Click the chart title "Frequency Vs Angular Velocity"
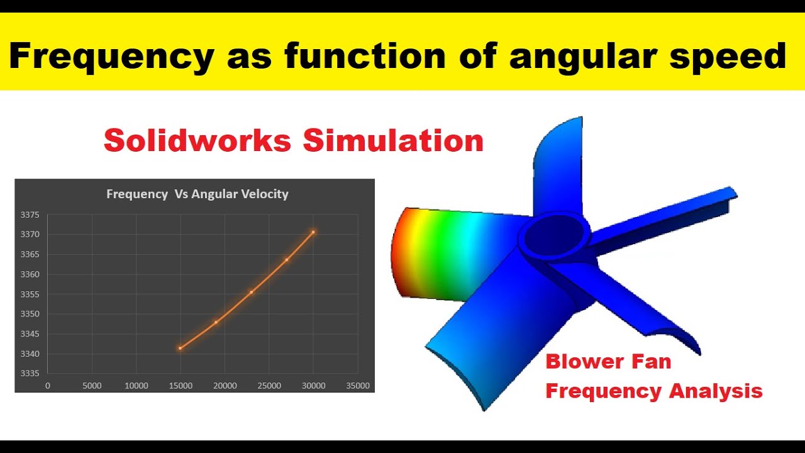pos(197,194)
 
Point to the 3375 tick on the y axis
pos(30,215)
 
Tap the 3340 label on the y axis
pos(30,354)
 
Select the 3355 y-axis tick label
pos(30,294)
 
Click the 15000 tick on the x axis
pos(180,386)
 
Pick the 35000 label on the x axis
pos(358,386)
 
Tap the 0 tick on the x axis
pos(48,386)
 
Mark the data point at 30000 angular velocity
pos(313,232)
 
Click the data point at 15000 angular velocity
pos(180,348)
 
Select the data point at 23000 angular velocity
pos(252,292)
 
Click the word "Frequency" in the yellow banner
pos(111,57)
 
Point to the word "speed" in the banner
pos(728,57)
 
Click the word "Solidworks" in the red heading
pos(197,140)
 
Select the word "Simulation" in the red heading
pos(393,140)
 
